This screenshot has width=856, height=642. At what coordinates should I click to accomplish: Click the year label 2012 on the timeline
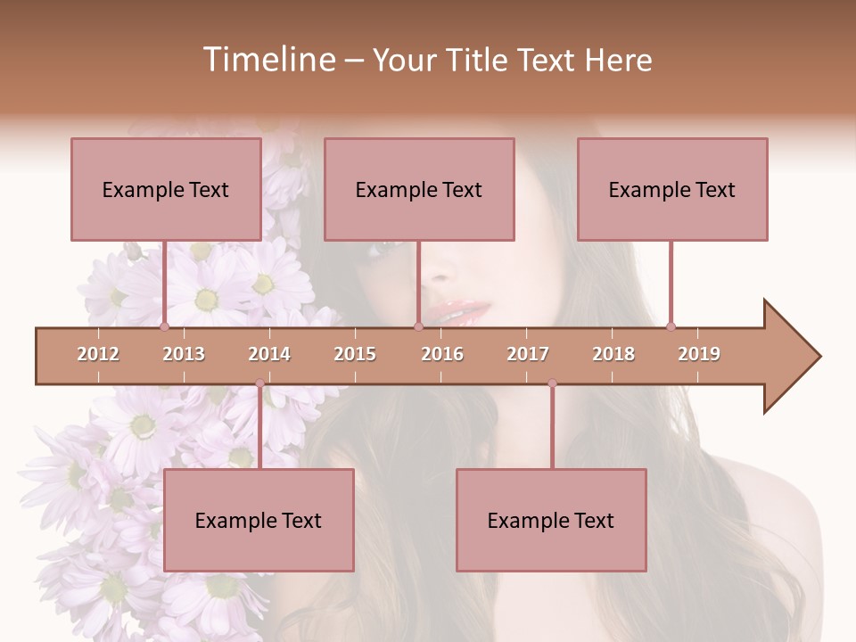[x=98, y=354]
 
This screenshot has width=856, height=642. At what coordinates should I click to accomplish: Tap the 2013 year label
[x=184, y=354]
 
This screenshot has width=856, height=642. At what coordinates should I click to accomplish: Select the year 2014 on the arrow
[x=269, y=354]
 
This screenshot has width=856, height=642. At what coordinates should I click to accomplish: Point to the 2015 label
[x=355, y=354]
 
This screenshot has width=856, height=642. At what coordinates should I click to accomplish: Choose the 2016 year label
[x=442, y=354]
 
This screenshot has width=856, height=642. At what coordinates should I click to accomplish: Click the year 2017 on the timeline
[x=528, y=354]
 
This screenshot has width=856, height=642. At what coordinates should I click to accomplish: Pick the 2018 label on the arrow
[x=613, y=354]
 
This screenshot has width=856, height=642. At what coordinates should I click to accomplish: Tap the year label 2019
[x=699, y=354]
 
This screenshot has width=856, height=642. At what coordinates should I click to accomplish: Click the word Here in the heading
[x=618, y=60]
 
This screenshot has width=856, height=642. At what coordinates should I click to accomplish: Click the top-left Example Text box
[x=166, y=189]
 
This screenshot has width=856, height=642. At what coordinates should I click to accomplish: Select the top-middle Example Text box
[x=419, y=189]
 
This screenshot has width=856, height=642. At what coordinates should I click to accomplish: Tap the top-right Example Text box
[x=672, y=189]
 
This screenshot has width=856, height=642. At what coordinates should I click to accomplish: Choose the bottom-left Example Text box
[x=259, y=521]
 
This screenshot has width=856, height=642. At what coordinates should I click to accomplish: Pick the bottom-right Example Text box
[x=551, y=521]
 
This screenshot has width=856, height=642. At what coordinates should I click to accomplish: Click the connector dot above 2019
[x=671, y=326]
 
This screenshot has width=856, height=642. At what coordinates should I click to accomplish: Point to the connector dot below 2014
[x=259, y=383]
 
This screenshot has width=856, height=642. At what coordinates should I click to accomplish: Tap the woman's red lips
[x=462, y=313]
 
